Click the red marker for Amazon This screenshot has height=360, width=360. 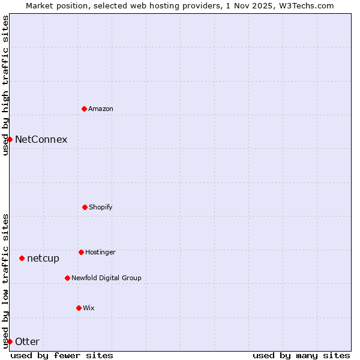pos(84,109)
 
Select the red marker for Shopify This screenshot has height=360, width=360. pos(85,207)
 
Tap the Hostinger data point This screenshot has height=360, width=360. pos(81,252)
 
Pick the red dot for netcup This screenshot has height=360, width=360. pos(22,258)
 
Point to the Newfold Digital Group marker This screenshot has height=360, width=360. pos(67,278)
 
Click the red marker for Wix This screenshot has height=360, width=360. pos(79,308)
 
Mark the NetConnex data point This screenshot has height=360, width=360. pos(10,139)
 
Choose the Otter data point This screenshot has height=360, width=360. pos(10,341)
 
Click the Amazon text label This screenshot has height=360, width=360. pos(101,109)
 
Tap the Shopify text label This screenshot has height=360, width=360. pos(101,208)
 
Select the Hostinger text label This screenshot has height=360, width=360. pos(100,253)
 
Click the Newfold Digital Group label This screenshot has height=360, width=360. pos(106,278)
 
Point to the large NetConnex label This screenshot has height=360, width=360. pos(41,140)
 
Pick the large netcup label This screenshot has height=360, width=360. pos(43,259)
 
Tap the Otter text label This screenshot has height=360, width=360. pos(27,342)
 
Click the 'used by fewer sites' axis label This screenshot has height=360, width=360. pos(62,355)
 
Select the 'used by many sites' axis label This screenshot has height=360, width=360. pos(301,355)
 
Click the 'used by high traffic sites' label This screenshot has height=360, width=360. pos(5,85)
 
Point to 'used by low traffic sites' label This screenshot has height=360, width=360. pos(5,280)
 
